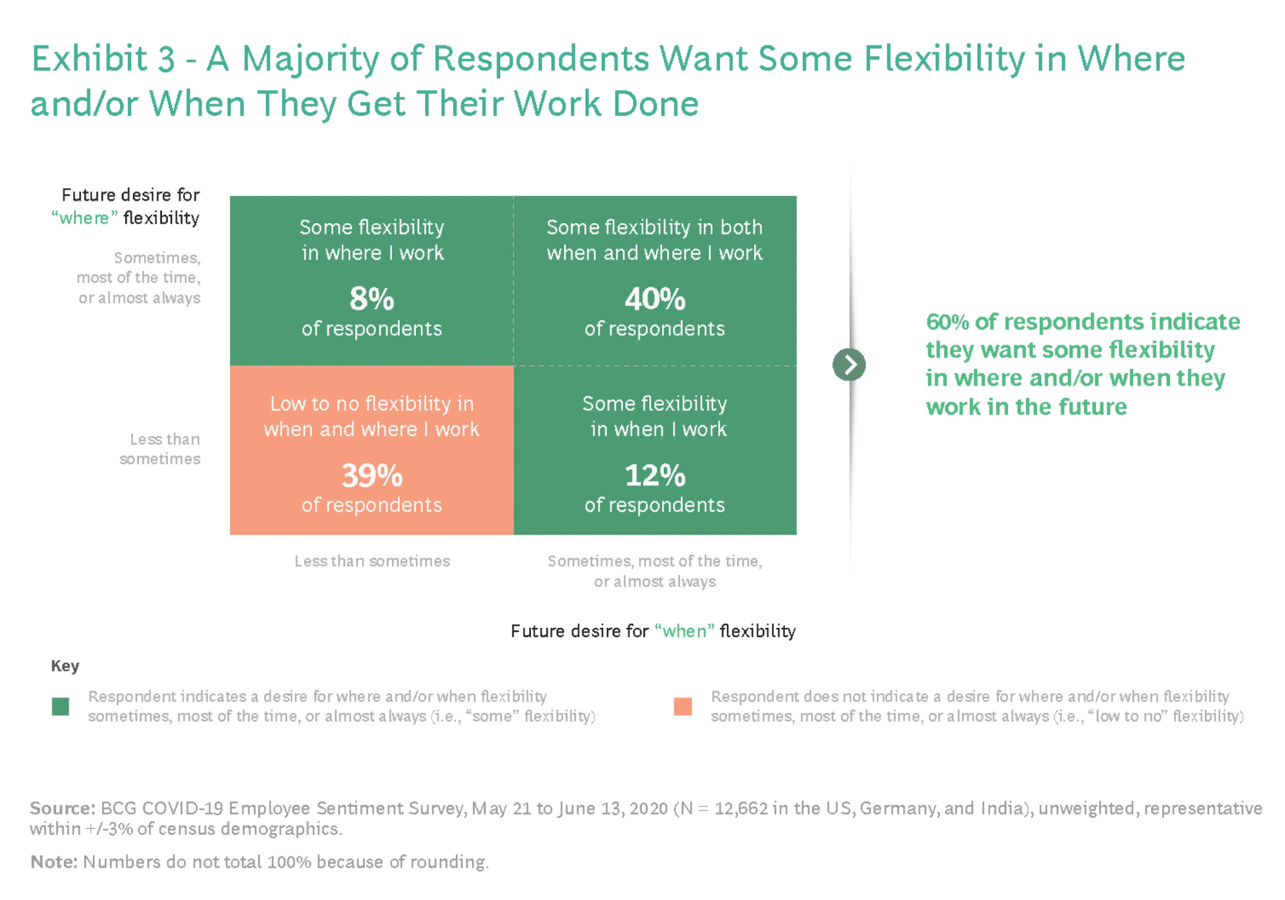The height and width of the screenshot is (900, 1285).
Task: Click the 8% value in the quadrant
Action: coord(372,299)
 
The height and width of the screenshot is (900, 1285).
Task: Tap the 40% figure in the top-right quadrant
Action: coord(655,299)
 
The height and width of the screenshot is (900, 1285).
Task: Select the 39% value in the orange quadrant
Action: coord(372,476)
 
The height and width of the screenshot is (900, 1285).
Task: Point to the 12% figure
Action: coord(655,476)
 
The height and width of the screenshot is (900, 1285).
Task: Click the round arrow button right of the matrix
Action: coord(849,365)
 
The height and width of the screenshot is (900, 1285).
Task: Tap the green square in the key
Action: coord(60,706)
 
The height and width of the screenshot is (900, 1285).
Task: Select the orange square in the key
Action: coord(683,706)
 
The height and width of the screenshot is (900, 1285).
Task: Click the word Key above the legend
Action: coord(65,665)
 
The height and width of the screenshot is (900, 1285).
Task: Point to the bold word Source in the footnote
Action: coord(62,808)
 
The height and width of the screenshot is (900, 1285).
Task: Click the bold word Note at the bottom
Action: coord(53,861)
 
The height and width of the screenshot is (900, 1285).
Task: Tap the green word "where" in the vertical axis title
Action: coord(85,218)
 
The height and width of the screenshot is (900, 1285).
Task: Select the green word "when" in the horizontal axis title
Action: coord(685,631)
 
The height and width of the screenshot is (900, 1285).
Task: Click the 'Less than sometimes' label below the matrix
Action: coord(372,561)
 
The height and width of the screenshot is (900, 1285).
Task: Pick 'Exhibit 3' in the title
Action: coord(103,59)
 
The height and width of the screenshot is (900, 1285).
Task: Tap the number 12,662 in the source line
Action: coord(741,808)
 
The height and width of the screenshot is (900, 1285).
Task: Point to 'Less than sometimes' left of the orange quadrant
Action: coord(160,449)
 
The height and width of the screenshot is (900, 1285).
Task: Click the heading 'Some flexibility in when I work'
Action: coord(655,416)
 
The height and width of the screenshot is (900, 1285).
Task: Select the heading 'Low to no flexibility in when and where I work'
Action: coord(372,416)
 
